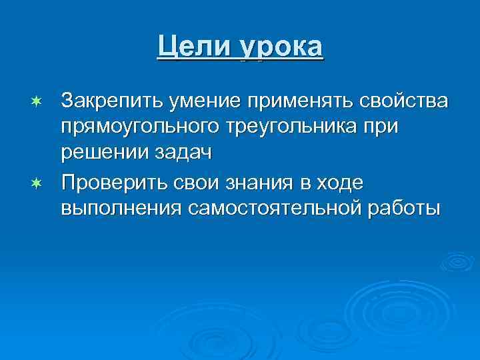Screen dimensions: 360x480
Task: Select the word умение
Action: coord(197,104)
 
